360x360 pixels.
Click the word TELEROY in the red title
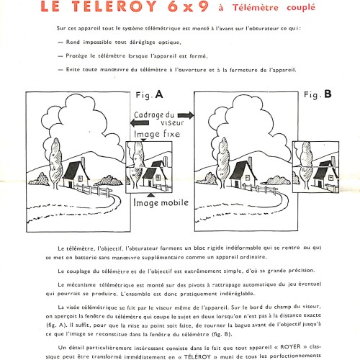pyautogui.click(x=114, y=6)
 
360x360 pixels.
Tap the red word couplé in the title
pyautogui.click(x=301, y=8)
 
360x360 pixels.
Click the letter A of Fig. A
pyautogui.click(x=159, y=94)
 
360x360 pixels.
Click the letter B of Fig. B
pyautogui.click(x=328, y=94)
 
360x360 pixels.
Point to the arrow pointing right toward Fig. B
pyautogui.click(x=186, y=115)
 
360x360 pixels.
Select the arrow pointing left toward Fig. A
pyautogui.click(x=140, y=123)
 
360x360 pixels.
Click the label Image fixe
pyautogui.click(x=157, y=134)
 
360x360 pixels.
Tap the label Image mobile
pyautogui.click(x=161, y=202)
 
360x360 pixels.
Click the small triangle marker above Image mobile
pyautogui.click(x=150, y=195)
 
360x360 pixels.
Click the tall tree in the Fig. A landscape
pyautogui.click(x=55, y=163)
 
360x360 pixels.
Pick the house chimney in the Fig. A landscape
pyautogui.click(x=83, y=163)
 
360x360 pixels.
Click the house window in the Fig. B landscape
pyautogui.click(x=248, y=178)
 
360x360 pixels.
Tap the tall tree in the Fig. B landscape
pyautogui.click(x=223, y=163)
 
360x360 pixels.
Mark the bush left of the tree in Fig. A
pyautogui.click(x=39, y=179)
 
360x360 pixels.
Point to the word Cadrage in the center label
pyautogui.click(x=146, y=115)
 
